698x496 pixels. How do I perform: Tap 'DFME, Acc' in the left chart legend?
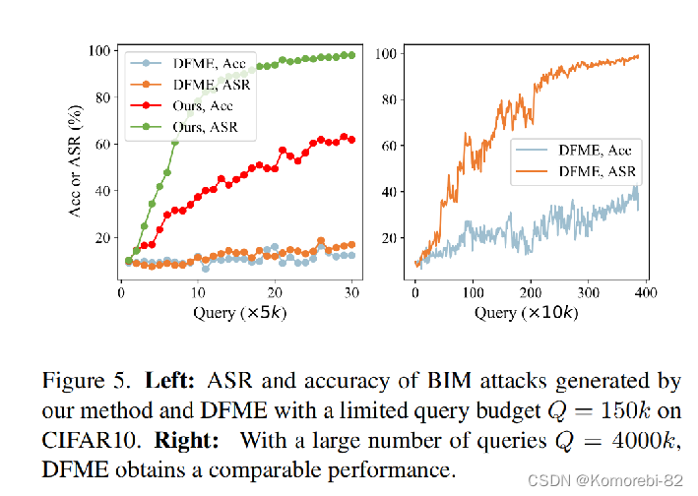[x=206, y=63]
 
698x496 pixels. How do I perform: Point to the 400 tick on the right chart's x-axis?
[x=645, y=293]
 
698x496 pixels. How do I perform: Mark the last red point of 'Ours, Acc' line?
[x=352, y=140]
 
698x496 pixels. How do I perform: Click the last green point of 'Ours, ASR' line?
[x=352, y=55]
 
